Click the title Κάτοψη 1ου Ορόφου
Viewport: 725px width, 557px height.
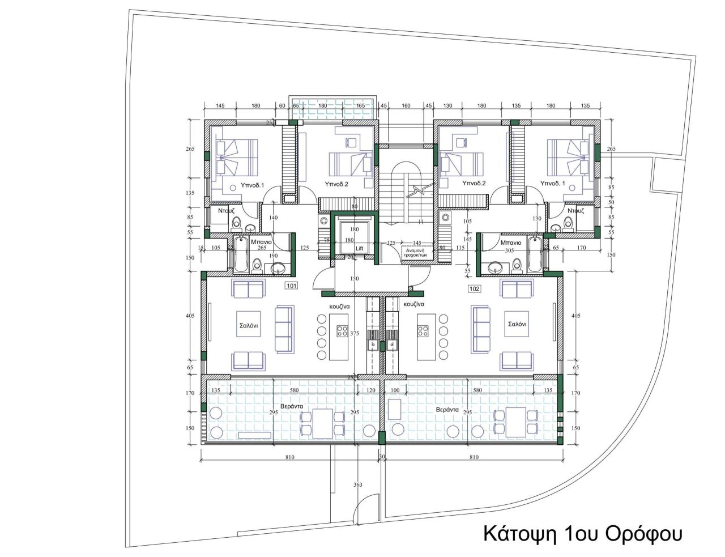[x=582, y=533]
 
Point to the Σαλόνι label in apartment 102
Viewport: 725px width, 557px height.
[x=518, y=325]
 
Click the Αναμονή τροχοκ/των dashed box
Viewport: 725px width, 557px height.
[x=417, y=252]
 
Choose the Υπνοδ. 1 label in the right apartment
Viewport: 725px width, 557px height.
[x=553, y=184]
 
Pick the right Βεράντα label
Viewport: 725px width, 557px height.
[x=447, y=409]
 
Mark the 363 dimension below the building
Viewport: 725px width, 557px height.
[x=357, y=484]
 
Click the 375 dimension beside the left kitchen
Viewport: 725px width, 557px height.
[x=355, y=334]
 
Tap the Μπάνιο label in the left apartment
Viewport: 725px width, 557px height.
[x=261, y=242]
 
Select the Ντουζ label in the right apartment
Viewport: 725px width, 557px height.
[x=575, y=211]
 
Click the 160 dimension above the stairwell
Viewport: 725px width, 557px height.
[x=406, y=105]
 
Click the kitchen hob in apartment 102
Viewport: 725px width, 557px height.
[x=423, y=330]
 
